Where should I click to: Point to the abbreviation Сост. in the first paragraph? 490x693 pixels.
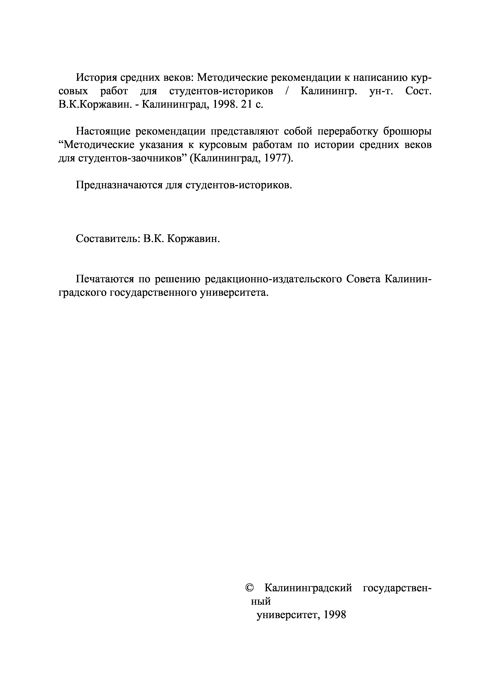[418, 91]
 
